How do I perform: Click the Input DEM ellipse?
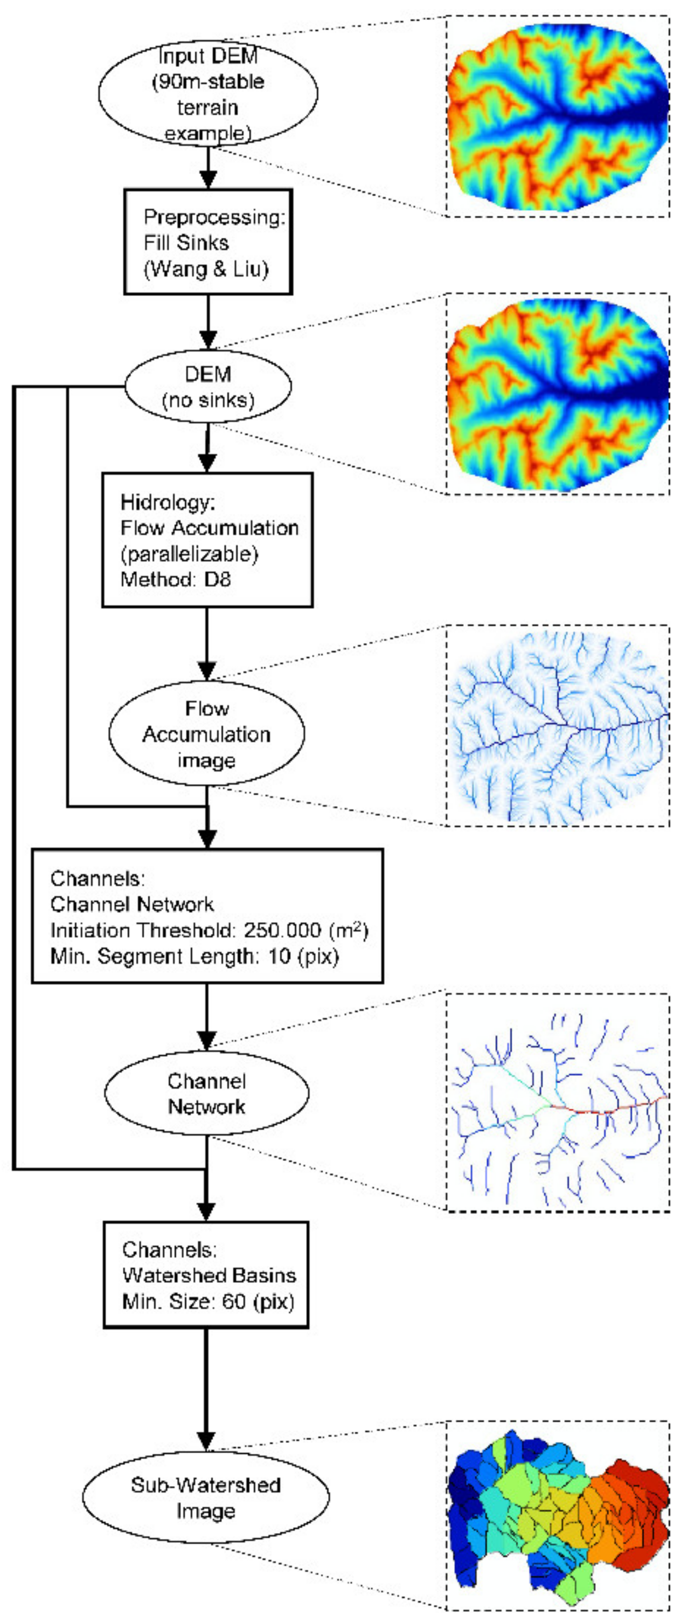coord(208,93)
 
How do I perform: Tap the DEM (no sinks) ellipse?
coord(208,386)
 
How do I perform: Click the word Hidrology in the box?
coord(168,502)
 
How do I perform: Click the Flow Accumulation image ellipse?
coord(206,733)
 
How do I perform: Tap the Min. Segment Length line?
coord(194,957)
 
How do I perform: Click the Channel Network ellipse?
coord(206,1094)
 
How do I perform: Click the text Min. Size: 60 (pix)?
coord(208,1301)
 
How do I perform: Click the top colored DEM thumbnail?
coord(557,116)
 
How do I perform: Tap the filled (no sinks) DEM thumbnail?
coord(557,394)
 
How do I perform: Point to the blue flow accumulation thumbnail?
coord(557,726)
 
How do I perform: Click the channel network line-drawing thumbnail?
coord(557,1102)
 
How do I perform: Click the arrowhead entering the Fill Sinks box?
coord(208,180)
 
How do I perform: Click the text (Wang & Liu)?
coord(206,270)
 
